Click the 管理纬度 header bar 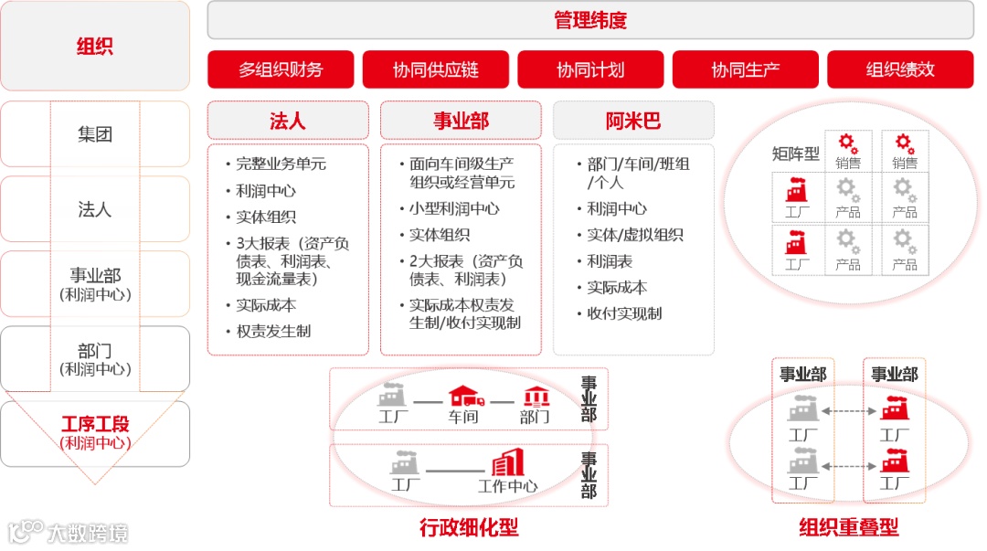tap(590, 20)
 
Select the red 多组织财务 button tap(281, 69)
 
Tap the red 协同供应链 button tap(435, 69)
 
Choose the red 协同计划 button tap(590, 69)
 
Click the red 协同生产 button tap(745, 69)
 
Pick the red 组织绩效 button tap(900, 69)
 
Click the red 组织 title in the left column tap(95, 46)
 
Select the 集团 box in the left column tap(95, 134)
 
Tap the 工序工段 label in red tap(95, 424)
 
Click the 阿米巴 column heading tap(633, 121)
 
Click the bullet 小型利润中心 tap(454, 208)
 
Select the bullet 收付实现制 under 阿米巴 tap(624, 313)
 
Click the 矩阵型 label tap(795, 153)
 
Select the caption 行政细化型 tap(469, 527)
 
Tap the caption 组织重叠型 tap(848, 527)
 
